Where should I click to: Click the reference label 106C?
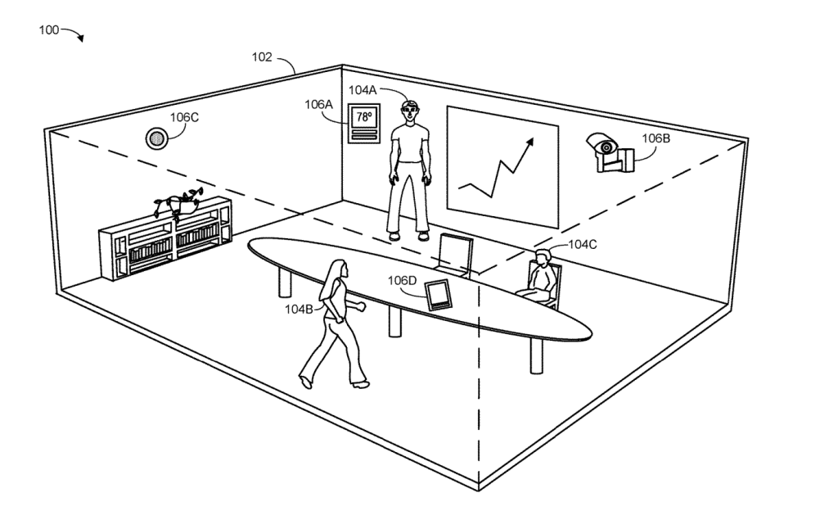pyautogui.click(x=184, y=116)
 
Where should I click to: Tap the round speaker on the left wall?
pyautogui.click(x=155, y=138)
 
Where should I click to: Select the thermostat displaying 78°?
pyautogui.click(x=363, y=124)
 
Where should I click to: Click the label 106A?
pyautogui.click(x=318, y=104)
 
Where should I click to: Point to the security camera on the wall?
pyautogui.click(x=610, y=151)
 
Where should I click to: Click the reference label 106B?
pyautogui.click(x=656, y=138)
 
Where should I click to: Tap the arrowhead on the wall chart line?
pyautogui.click(x=529, y=142)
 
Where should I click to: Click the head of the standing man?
pyautogui.click(x=410, y=109)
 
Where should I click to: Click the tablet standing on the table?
pyautogui.click(x=438, y=293)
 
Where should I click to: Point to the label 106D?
pyautogui.click(x=403, y=281)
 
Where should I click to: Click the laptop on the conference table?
pyautogui.click(x=454, y=253)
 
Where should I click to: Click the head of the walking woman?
pyautogui.click(x=337, y=269)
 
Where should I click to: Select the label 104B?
pyautogui.click(x=300, y=309)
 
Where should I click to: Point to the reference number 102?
pyautogui.click(x=264, y=58)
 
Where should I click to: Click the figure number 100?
pyautogui.click(x=48, y=29)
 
